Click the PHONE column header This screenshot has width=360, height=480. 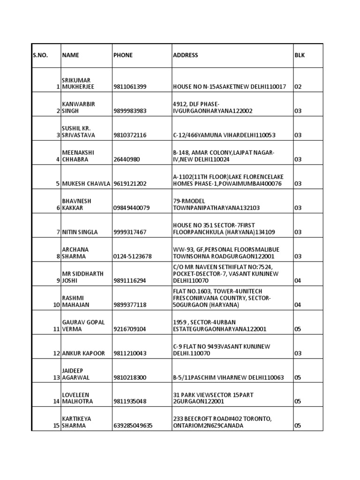pos(123,55)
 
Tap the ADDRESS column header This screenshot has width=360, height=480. pos(185,55)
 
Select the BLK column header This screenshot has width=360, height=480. pos(299,55)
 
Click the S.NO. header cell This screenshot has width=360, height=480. pos(40,55)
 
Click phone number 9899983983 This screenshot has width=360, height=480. pos(130,111)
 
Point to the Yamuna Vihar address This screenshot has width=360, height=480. pos(224,135)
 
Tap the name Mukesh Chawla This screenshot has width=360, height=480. pos(86,184)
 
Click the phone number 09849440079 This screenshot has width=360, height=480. pos(132,208)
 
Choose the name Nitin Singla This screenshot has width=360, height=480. pos(80,232)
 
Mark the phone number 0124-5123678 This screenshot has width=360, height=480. pos(132,256)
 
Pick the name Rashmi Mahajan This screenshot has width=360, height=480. pos(76,301)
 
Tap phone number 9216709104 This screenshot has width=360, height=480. pos(130,329)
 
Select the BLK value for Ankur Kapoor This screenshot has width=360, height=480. pos(298,353)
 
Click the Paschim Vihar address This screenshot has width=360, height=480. pos(228,377)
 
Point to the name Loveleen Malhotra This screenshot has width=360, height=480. pos(77,398)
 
